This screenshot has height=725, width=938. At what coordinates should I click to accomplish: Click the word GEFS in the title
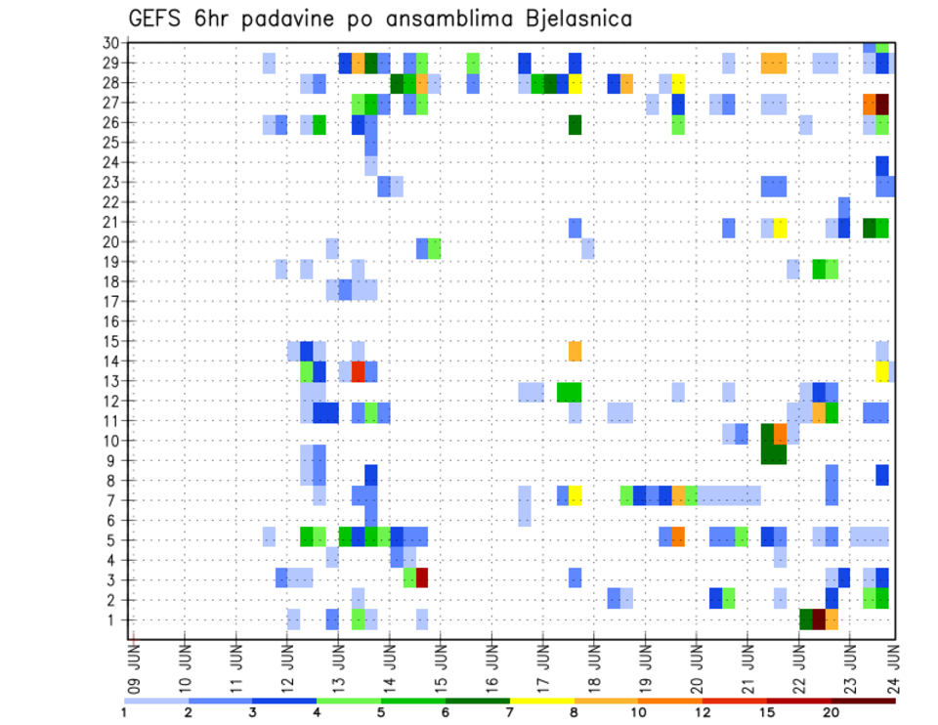157,19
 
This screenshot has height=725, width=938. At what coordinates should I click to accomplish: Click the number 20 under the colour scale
831,712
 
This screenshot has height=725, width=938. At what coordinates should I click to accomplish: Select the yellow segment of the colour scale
541,701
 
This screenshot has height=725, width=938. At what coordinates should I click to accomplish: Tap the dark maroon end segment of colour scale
863,701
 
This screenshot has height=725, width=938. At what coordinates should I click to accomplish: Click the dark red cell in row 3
422,577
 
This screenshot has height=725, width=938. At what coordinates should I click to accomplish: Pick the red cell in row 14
358,371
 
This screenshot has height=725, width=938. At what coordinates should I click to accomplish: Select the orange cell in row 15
575,350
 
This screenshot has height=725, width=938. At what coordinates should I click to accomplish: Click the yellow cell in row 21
780,228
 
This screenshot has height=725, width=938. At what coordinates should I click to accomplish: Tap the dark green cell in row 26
575,124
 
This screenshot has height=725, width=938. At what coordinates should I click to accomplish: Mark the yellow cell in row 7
576,495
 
